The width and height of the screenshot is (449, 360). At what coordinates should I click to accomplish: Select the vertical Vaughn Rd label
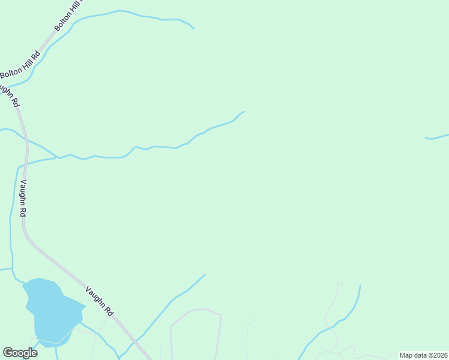click(x=23, y=199)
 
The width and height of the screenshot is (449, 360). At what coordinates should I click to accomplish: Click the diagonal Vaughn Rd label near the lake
click(x=99, y=300)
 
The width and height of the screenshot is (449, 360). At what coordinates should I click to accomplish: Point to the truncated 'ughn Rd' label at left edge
click(x=10, y=94)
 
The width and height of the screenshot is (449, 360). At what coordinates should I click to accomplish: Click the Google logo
click(x=20, y=353)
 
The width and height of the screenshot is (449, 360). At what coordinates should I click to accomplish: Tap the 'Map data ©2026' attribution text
click(x=423, y=355)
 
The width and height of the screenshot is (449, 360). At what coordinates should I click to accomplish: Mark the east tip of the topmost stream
click(x=193, y=28)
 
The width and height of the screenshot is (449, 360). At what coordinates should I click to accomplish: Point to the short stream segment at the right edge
click(x=437, y=137)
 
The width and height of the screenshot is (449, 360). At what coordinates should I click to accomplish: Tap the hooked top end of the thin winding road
click(x=340, y=284)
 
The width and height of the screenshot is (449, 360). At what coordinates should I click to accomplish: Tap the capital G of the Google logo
click(x=8, y=353)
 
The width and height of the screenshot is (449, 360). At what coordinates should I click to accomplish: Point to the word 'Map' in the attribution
click(x=406, y=355)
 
